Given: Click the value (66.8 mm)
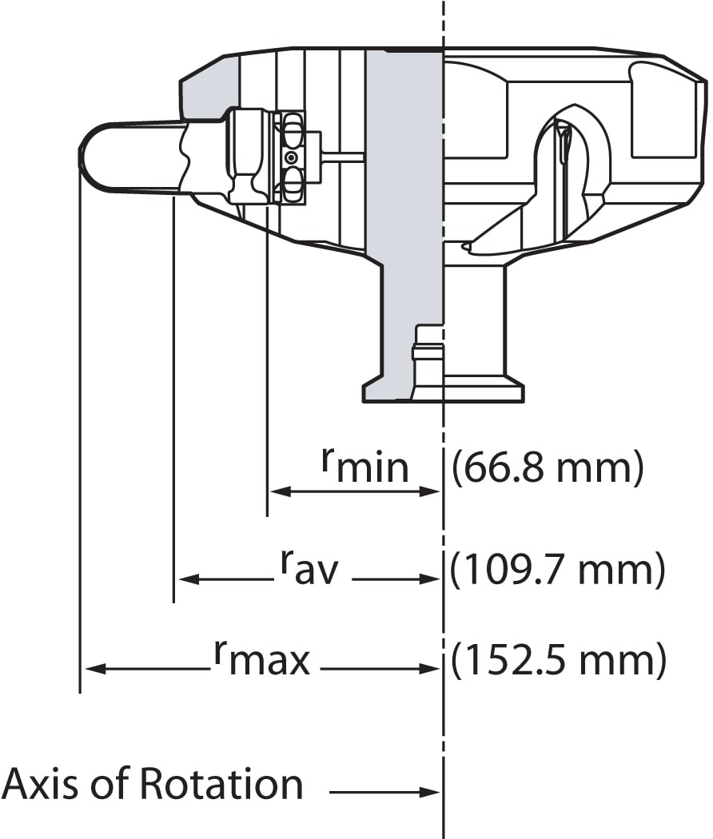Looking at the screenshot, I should point(548,468).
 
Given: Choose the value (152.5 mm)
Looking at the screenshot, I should point(558,661).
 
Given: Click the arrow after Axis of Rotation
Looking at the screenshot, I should point(384,792).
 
